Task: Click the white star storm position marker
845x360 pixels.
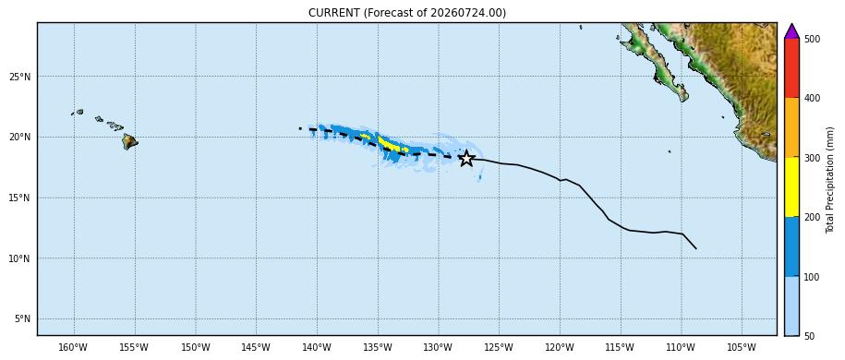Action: tap(466, 159)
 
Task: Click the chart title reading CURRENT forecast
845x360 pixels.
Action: tap(407, 12)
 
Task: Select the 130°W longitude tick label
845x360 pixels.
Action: tap(438, 346)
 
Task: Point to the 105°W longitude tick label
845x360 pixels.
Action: tap(742, 346)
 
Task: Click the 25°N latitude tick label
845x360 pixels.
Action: tap(20, 77)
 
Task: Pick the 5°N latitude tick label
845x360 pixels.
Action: tap(22, 319)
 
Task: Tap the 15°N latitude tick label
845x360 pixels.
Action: tap(20, 198)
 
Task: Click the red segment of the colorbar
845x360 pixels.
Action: tap(791, 68)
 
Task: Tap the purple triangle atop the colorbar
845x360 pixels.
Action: tap(791, 31)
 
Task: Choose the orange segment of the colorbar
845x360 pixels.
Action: tap(791, 127)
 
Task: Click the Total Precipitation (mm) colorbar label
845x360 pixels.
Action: tap(830, 180)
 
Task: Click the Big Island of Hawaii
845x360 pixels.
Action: tap(129, 142)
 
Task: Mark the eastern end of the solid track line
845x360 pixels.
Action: tap(695, 248)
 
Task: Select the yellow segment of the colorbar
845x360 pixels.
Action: tap(791, 187)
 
